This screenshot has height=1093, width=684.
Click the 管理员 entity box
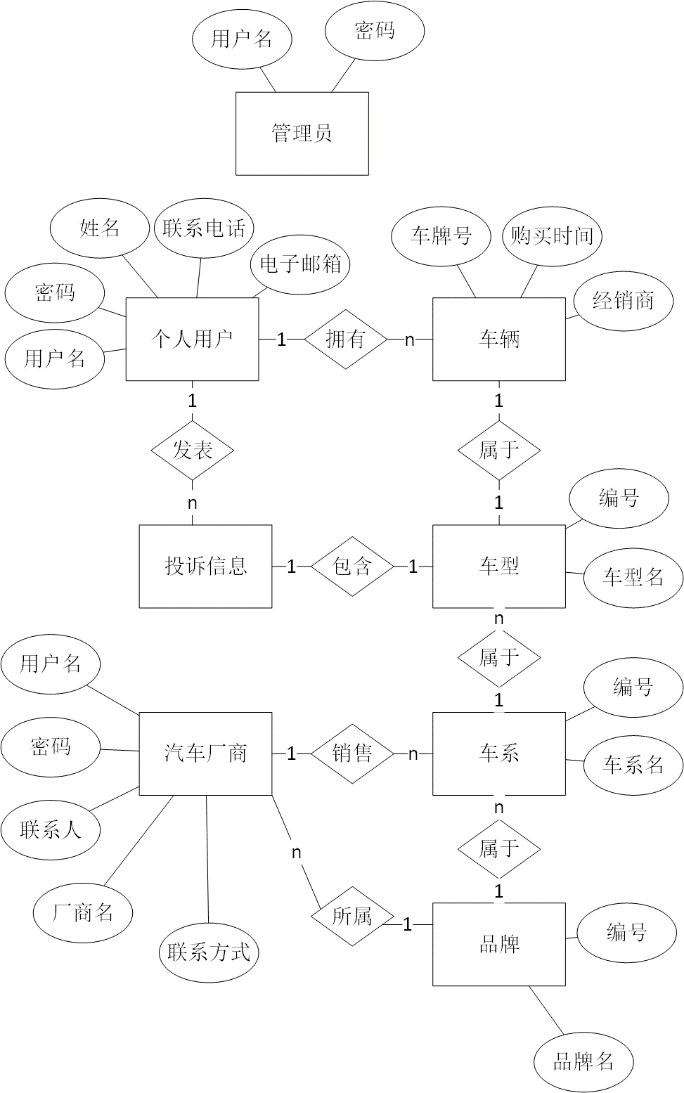click(x=301, y=133)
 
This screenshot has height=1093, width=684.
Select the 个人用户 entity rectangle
click(x=192, y=339)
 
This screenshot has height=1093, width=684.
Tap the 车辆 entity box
click(x=499, y=339)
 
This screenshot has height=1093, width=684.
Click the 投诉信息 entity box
click(x=205, y=566)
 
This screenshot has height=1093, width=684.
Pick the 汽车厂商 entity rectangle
click(x=204, y=753)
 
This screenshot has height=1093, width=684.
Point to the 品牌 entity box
click(x=499, y=943)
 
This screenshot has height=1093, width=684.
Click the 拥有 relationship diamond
click(x=345, y=340)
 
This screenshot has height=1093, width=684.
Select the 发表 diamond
click(x=192, y=450)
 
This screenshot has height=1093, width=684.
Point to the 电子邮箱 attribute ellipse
click(x=299, y=265)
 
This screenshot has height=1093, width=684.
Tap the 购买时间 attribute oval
click(x=551, y=236)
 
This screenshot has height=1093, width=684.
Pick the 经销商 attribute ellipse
click(x=622, y=299)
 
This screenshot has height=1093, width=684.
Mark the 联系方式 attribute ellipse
click(x=210, y=952)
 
